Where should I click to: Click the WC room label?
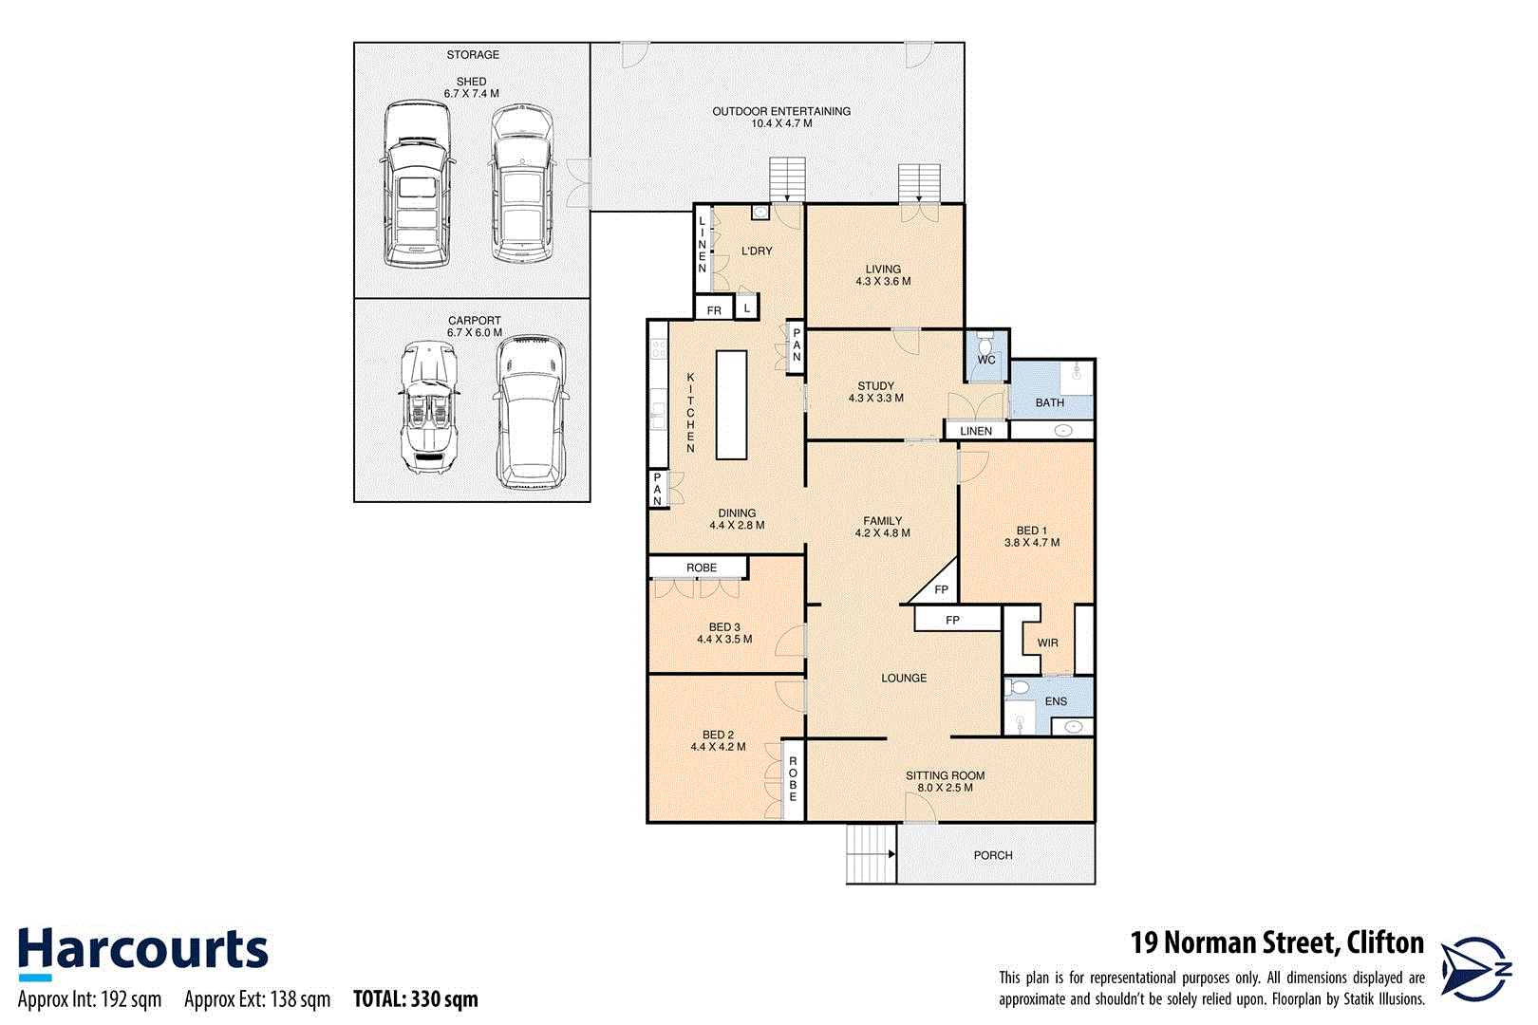coord(986,360)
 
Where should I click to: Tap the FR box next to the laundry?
coord(714,310)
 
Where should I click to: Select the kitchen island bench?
coord(731,405)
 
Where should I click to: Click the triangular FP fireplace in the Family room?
coord(939,587)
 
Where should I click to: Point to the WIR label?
coord(1047,643)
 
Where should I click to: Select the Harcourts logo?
coord(142,952)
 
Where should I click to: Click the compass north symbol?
coord(1474,969)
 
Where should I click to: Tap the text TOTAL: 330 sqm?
coord(415,999)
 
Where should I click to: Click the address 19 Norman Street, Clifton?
coord(1276,943)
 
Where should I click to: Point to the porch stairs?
coord(871,853)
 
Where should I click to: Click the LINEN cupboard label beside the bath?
coord(976,431)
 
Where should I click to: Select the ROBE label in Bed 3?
coord(702,568)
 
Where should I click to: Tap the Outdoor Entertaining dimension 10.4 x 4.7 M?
coord(781,123)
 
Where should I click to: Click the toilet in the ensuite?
coord(1019,687)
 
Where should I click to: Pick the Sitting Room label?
coord(945,775)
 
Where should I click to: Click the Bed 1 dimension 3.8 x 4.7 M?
coord(1032,543)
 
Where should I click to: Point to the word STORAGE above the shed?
coord(473,55)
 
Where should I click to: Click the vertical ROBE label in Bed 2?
coord(793,779)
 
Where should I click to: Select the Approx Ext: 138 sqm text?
coord(257,999)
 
